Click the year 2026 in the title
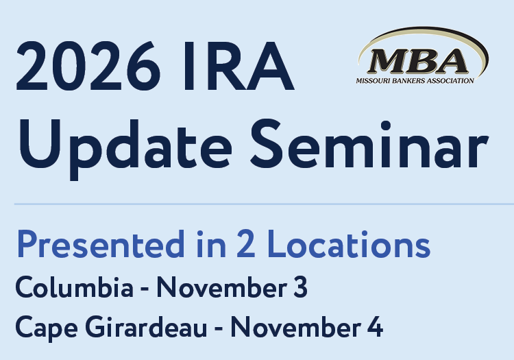click(x=88, y=67)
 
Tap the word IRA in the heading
click(x=238, y=67)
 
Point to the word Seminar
click(x=369, y=143)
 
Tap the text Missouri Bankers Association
click(x=415, y=81)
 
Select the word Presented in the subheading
click(x=101, y=244)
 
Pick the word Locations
click(x=349, y=243)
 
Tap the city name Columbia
click(x=75, y=287)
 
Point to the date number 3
click(x=300, y=287)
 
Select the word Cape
click(x=46, y=328)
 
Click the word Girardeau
click(x=146, y=327)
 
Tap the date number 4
click(x=375, y=327)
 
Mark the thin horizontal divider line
click(x=264, y=204)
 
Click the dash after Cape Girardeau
click(x=219, y=328)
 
